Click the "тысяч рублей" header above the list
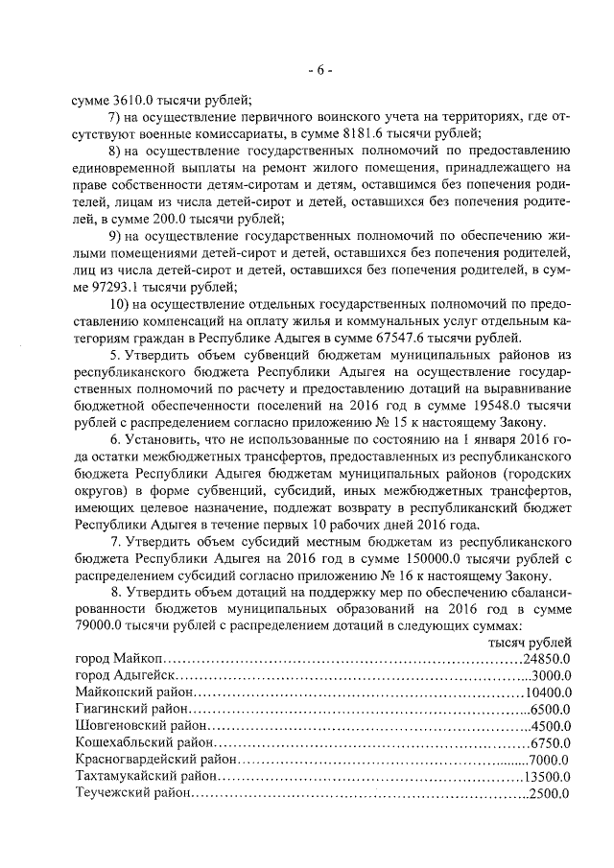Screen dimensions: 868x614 click(531, 644)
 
